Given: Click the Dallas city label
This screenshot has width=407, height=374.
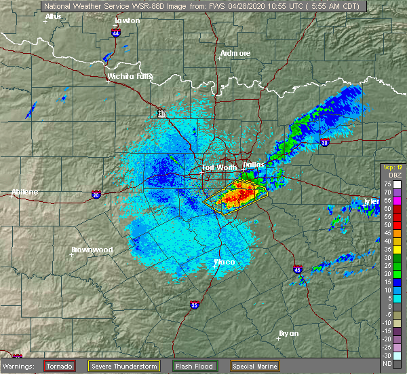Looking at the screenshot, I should tap(254, 164).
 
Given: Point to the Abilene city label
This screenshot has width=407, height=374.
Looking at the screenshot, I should tap(24, 192).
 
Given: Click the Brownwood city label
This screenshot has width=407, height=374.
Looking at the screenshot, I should tap(92, 250).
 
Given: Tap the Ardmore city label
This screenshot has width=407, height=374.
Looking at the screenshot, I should tap(235, 53).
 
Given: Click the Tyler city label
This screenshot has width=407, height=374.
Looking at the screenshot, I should tap(370, 201).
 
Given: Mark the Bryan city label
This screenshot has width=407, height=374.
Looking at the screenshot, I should tap(288, 333).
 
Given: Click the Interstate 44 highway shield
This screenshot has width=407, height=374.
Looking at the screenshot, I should tap(117, 32).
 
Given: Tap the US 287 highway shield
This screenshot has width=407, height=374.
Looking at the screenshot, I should tap(161, 114).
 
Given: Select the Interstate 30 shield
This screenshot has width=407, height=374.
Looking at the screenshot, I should tap(324, 142).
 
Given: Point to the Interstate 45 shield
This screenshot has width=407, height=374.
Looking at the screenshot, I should tap(298, 269).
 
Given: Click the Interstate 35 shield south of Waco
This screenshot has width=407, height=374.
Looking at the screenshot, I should tap(194, 305).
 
